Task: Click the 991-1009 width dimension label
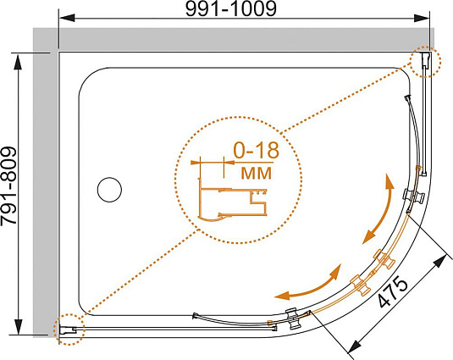[231, 9]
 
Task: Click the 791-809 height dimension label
[8, 186]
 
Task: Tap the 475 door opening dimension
[394, 292]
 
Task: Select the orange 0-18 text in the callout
[257, 150]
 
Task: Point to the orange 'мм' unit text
[257, 173]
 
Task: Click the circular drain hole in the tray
[109, 189]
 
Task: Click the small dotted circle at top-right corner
[426, 62]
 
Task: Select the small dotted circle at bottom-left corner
[69, 330]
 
